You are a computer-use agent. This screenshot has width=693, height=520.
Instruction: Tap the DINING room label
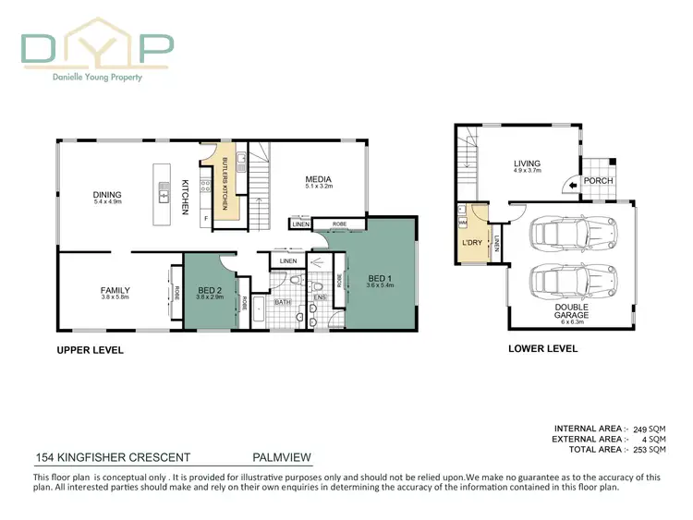point(107,195)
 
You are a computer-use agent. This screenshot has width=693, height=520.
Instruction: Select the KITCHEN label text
point(185,197)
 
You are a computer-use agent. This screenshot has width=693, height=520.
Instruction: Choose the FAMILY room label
point(115,290)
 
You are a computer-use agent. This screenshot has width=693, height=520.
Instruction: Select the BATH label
point(283,301)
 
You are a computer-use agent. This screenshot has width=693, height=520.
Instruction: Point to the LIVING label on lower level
point(528,164)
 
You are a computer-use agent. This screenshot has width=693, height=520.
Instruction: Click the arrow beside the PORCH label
point(575,184)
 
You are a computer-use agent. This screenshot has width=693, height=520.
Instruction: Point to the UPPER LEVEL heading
point(90,350)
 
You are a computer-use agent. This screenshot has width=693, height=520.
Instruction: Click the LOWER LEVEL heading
point(543,348)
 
